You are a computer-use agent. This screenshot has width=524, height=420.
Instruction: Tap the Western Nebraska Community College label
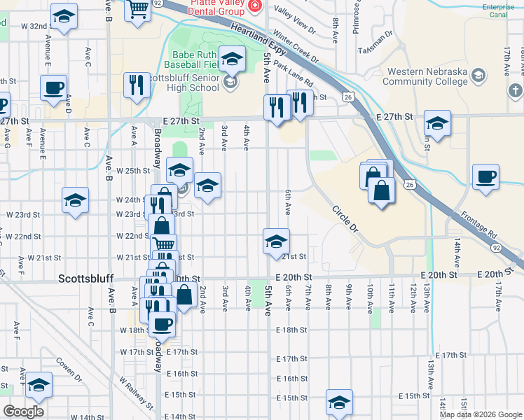click(x=427, y=76)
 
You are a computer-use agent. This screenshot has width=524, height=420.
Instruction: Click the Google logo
click(x=23, y=412)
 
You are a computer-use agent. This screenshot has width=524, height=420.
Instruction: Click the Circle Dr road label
click(x=345, y=218)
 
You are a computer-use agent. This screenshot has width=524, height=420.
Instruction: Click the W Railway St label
click(x=135, y=393)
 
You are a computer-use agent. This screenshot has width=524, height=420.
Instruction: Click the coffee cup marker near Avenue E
click(x=53, y=88)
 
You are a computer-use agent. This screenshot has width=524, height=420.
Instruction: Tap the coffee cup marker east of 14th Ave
click(x=485, y=176)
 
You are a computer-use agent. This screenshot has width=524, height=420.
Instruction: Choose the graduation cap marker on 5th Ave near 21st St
click(x=276, y=241)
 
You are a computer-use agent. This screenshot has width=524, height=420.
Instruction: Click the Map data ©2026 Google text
click(x=481, y=414)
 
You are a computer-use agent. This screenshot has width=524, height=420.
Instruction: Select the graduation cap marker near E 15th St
click(x=339, y=402)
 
